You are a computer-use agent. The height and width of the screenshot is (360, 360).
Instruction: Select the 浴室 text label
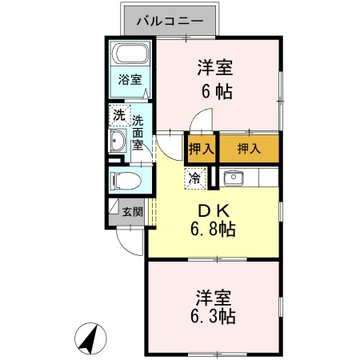pos(130,80)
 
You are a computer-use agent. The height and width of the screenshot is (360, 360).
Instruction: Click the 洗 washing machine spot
pos(118,114)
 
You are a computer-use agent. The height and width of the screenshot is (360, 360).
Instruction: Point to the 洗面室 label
pos(138,133)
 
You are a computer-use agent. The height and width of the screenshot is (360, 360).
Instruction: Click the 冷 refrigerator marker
pos(194,178)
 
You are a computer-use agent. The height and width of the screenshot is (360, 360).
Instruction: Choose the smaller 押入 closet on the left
pos(201,148)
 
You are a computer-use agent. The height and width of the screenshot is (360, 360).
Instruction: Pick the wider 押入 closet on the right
pos(250,148)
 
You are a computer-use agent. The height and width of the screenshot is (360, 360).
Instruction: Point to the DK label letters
pos(213,210)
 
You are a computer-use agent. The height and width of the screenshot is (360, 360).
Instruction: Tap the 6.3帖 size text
pos(213,316)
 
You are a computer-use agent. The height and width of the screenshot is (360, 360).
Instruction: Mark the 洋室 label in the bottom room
pos(213,297)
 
